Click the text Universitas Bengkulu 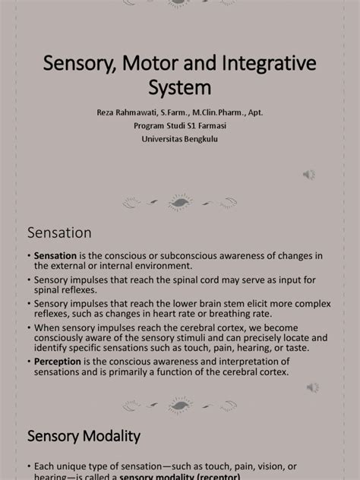point(180,138)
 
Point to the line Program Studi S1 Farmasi point(180,125)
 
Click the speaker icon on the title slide point(309,174)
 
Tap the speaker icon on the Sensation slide point(311,387)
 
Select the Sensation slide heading point(59,232)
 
